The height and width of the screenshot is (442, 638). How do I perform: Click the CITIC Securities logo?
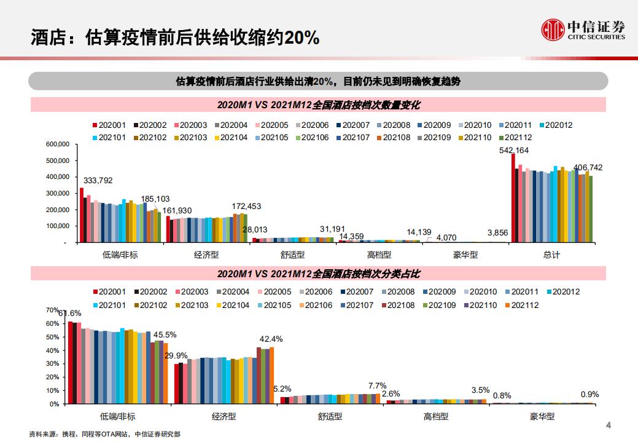pyautogui.click(x=582, y=28)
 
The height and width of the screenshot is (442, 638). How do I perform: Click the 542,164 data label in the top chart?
pyautogui.click(x=514, y=149)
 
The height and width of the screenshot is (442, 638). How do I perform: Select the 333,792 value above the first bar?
pyautogui.click(x=98, y=181)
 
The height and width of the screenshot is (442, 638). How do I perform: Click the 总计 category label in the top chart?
pyautogui.click(x=552, y=255)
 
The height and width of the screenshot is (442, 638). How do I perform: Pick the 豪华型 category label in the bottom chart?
pyautogui.click(x=542, y=416)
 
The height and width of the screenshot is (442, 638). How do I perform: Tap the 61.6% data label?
pyautogui.click(x=69, y=314)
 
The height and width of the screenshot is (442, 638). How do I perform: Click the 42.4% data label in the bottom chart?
pyautogui.click(x=271, y=339)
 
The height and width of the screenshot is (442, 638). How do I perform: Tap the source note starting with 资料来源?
pyautogui.click(x=105, y=434)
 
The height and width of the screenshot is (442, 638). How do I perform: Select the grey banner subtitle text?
pyautogui.click(x=318, y=81)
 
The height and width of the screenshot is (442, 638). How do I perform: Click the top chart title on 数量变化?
pyautogui.click(x=318, y=105)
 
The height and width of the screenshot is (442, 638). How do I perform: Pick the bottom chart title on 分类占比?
pyautogui.click(x=318, y=273)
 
